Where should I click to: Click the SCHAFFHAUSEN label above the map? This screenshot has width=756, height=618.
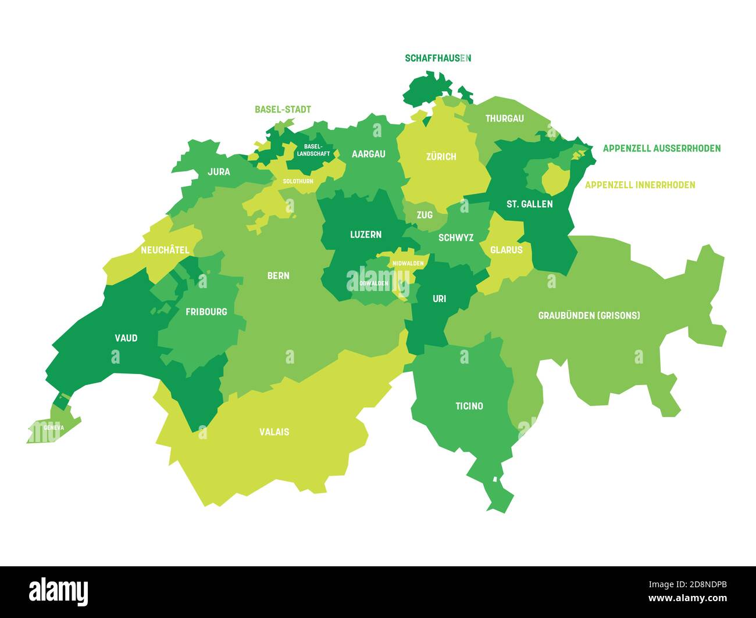(437, 58)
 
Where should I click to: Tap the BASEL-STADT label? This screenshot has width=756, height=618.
(283, 109)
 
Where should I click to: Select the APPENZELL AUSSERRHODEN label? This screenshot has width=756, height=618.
(661, 148)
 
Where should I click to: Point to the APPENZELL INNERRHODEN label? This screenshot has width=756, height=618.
(640, 185)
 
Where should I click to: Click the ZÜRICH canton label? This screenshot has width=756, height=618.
(441, 156)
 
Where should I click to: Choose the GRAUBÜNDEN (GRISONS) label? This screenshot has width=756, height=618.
(589, 315)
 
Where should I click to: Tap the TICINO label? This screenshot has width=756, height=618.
(469, 406)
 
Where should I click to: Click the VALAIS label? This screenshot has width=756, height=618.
(274, 432)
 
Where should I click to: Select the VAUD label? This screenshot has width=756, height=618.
(126, 337)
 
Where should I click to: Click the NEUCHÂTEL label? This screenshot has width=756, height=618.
(165, 250)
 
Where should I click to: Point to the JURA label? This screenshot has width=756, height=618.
(219, 171)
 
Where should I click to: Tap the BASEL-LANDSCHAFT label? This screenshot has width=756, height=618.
(313, 150)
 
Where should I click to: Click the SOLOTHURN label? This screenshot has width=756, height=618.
(298, 181)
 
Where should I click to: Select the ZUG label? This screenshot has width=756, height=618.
(425, 214)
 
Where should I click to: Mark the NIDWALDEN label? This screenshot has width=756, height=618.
(408, 263)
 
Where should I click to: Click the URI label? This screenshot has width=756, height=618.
(439, 299)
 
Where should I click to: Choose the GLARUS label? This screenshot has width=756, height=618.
(506, 250)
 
